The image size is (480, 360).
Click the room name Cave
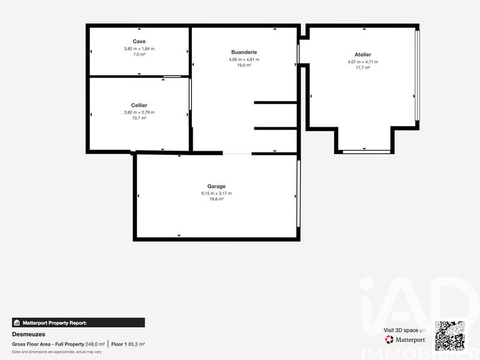click(139, 41)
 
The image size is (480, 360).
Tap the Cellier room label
click(139, 105)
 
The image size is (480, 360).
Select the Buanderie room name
click(244, 52)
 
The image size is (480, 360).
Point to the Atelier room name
click(362, 55)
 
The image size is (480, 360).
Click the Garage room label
click(217, 186)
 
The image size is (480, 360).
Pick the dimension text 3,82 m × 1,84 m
click(139, 48)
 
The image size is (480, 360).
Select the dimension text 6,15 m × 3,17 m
click(217, 193)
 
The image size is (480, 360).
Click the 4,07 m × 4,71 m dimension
click(362, 62)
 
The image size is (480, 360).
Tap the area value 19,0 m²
click(244, 65)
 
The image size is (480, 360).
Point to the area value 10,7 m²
click(139, 118)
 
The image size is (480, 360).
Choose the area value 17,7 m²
click(362, 68)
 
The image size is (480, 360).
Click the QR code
click(450, 335)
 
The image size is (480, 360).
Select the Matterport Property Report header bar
click(78, 323)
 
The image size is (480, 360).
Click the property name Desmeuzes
click(29, 334)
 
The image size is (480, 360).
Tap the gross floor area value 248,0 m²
click(95, 344)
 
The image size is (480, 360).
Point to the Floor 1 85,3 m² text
click(128, 344)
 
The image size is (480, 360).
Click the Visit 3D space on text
click(404, 330)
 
